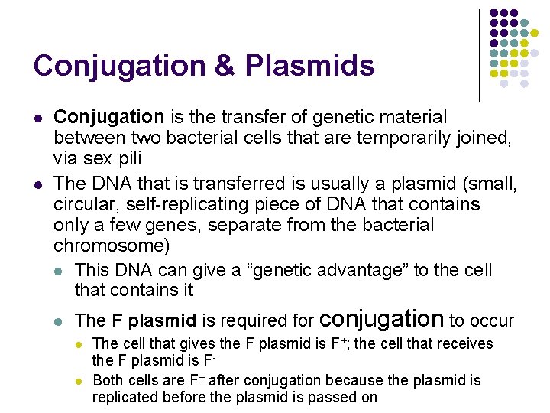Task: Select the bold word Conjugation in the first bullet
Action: (108, 117)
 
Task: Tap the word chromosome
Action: (111, 246)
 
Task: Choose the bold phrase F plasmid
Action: (154, 320)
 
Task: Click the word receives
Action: (463, 343)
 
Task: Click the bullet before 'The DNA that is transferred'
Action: (37, 184)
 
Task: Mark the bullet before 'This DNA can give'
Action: (60, 271)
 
